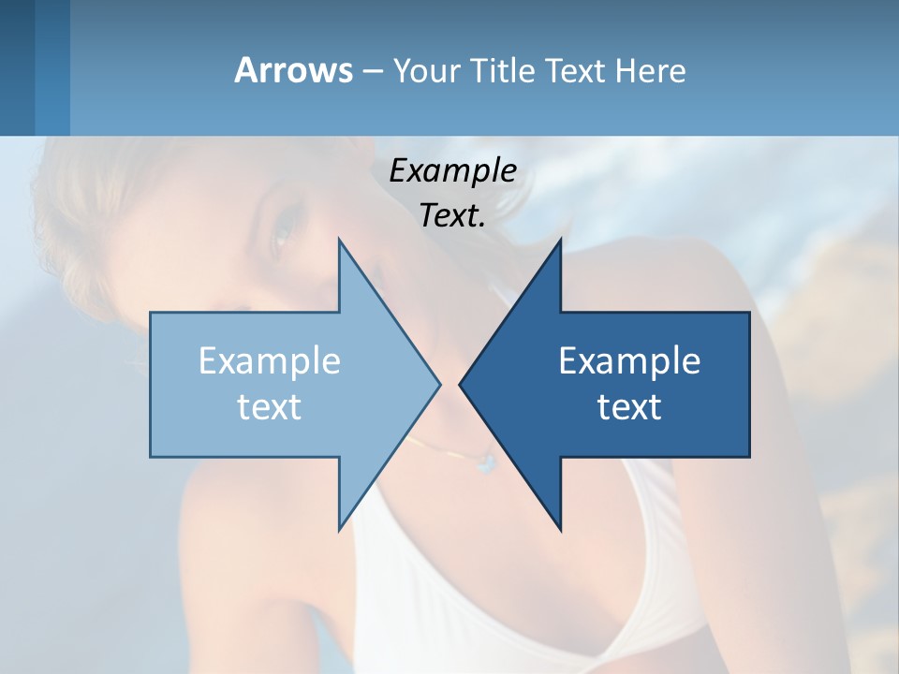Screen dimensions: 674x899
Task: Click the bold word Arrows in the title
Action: point(293,70)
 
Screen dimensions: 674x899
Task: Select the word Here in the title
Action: point(650,70)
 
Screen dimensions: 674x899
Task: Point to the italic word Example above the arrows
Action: point(452,171)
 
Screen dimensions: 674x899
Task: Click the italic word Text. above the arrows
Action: point(452,216)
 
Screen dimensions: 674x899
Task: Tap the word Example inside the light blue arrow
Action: point(270,361)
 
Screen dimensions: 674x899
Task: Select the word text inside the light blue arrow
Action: point(270,407)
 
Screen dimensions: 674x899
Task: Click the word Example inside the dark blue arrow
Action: point(629,361)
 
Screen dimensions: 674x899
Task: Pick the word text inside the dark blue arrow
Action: point(629,407)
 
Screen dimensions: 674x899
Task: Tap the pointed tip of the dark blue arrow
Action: point(461,384)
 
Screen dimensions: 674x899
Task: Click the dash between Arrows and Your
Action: point(372,72)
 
